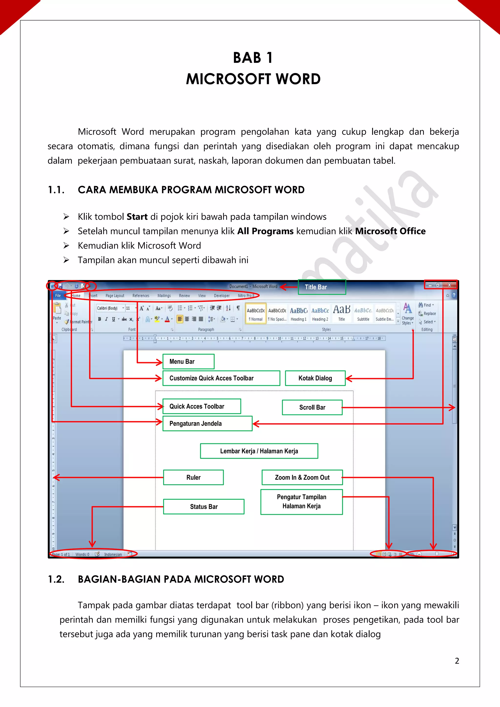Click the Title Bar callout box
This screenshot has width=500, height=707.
[322, 287]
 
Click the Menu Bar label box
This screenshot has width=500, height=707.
[188, 361]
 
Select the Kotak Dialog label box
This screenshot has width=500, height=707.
[315, 378]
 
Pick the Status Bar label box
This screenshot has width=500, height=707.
[204, 507]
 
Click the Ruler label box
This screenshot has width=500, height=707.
[193, 477]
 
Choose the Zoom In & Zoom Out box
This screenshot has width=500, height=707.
[302, 477]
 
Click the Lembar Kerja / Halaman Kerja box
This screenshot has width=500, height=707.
[259, 451]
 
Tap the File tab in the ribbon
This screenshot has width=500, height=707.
[58, 295]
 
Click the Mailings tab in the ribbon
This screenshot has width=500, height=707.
[164, 295]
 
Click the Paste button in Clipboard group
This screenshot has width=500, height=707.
[57, 312]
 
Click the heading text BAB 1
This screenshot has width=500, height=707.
[253, 58]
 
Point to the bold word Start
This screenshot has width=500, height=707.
[137, 217]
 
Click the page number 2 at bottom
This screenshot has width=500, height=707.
[457, 661]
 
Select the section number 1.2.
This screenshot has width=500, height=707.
[56, 579]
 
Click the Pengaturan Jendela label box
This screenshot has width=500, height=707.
[207, 423]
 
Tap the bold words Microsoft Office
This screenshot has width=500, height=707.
[390, 231]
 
